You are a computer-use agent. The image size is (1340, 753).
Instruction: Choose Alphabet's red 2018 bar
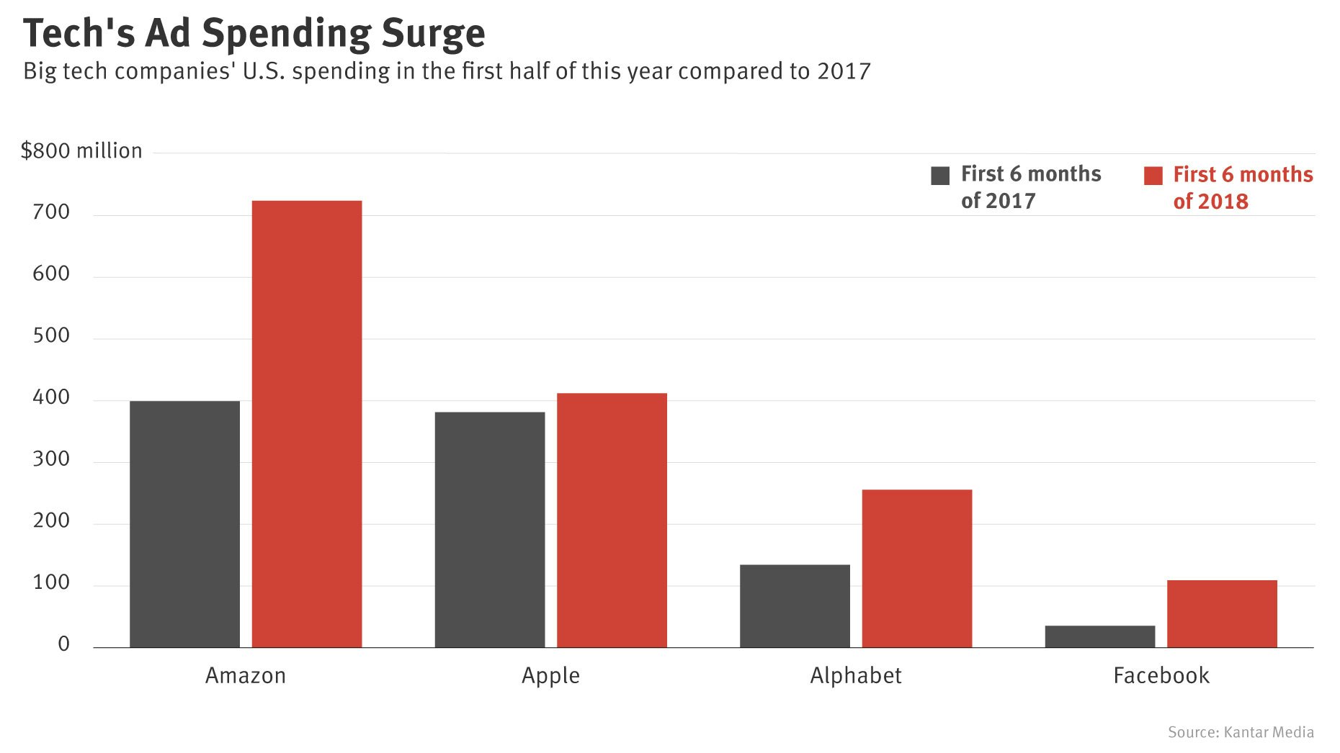(916, 568)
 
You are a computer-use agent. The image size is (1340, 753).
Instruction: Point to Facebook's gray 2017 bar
(1099, 636)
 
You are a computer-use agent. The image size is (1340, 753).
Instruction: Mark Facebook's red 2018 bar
(1222, 613)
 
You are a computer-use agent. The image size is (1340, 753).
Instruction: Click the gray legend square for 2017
(940, 176)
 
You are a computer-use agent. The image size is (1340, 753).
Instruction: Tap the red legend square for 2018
(1153, 176)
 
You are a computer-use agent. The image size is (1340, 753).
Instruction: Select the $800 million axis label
(81, 150)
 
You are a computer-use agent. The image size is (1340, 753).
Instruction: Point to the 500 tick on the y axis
(51, 335)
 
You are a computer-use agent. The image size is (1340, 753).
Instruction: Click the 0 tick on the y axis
(64, 644)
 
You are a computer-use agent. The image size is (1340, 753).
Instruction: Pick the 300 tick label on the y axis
(51, 459)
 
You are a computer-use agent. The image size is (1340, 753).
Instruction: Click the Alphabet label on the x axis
(855, 675)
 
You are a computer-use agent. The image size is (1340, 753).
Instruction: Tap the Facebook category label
(1161, 675)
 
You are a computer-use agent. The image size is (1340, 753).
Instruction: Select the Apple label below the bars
(550, 675)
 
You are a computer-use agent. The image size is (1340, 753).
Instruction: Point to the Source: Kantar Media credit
(1241, 732)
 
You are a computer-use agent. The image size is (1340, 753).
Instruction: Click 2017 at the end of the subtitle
(844, 71)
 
